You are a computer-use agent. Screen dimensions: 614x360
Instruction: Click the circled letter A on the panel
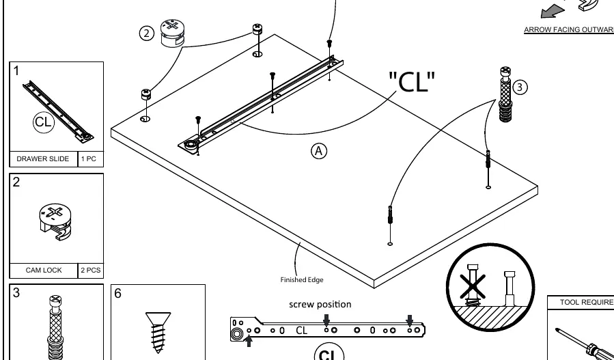point(319,151)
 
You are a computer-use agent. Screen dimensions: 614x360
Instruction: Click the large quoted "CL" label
point(412,81)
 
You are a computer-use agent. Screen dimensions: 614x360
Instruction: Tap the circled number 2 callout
point(146,33)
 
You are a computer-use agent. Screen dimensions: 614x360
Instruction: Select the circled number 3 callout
point(520,87)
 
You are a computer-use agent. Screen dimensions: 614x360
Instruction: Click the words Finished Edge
point(302,279)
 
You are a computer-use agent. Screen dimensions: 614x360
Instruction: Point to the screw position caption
point(320,305)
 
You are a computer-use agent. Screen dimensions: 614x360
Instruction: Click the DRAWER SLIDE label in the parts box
point(42,158)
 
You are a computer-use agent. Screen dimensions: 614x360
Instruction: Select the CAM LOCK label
point(44,270)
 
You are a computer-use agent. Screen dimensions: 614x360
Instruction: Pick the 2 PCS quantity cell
point(90,270)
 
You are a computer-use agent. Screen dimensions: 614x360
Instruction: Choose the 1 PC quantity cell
point(89,158)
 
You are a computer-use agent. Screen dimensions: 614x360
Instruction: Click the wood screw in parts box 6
point(158,333)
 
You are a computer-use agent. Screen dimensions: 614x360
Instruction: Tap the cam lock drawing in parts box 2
point(55,221)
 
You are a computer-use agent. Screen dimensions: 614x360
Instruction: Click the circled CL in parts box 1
point(43,122)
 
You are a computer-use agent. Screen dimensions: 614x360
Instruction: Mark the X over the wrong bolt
point(472,287)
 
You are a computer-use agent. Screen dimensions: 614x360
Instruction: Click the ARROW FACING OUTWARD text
point(569,30)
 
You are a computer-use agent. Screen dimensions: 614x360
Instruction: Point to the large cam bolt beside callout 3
point(505,94)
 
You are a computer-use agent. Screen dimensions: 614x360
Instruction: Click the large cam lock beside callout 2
point(172,33)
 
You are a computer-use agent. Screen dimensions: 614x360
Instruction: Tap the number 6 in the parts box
point(118,294)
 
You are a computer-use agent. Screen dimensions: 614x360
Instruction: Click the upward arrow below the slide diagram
point(248,340)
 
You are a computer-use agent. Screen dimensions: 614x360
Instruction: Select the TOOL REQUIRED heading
point(587,302)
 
